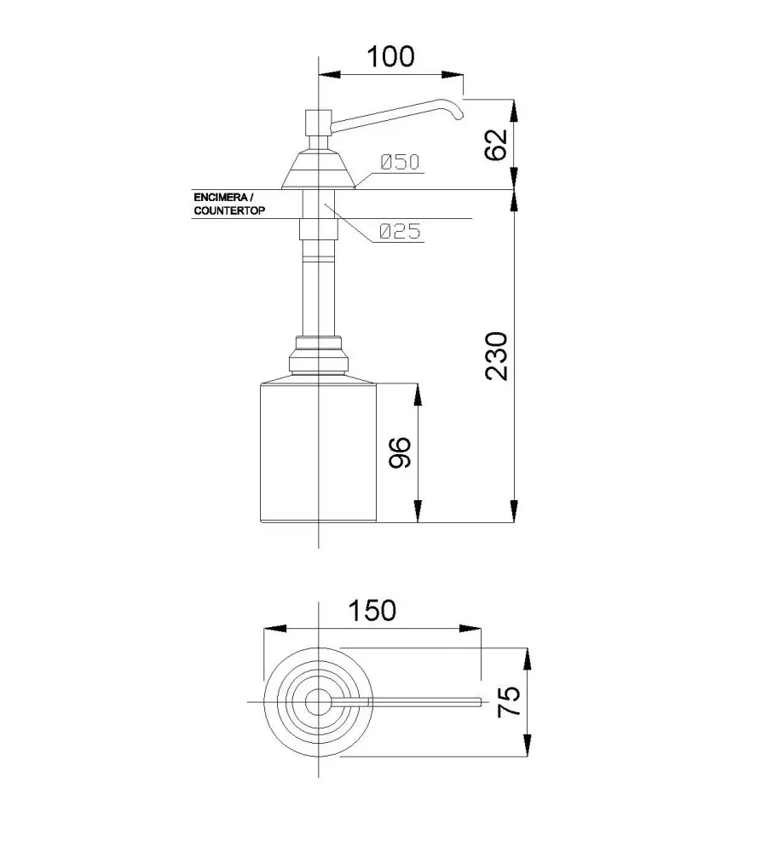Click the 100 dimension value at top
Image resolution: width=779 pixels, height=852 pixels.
[x=390, y=56]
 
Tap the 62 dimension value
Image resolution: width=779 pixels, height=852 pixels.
[x=496, y=145]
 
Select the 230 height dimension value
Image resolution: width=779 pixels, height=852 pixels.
[x=496, y=356]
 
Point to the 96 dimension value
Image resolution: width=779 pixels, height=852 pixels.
[x=400, y=452]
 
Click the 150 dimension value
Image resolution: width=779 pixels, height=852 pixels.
[x=372, y=610]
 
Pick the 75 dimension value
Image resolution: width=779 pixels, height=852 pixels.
[x=510, y=701]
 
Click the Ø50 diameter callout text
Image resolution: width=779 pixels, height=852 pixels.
[x=400, y=162]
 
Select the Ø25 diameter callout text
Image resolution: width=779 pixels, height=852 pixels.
[x=400, y=232]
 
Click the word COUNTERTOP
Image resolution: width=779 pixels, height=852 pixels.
[x=229, y=210]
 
